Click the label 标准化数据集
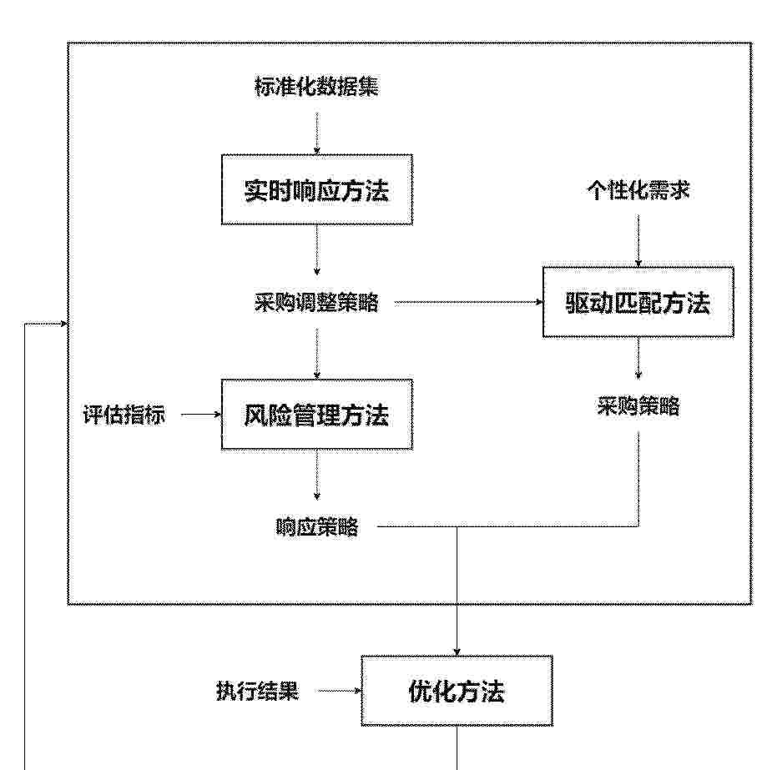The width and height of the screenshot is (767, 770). (317, 87)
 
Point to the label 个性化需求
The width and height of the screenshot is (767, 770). (638, 190)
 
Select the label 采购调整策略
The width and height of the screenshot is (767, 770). (317, 303)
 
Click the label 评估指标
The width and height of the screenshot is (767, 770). (124, 415)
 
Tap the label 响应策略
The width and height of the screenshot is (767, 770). (317, 527)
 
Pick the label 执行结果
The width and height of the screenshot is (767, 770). (257, 691)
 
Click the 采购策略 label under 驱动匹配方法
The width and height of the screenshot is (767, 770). (638, 406)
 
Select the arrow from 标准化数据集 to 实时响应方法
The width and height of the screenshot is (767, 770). (317, 133)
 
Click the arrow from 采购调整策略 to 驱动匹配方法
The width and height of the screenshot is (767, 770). (469, 303)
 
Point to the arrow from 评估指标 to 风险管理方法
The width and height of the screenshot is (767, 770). (201, 415)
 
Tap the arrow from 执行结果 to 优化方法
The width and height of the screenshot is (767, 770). (339, 691)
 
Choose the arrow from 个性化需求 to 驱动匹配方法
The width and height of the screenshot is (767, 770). (638, 240)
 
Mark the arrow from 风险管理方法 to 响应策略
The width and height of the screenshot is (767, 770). (317, 475)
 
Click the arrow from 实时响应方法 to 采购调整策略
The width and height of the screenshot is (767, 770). (317, 250)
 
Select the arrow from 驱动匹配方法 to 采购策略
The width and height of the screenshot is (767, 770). (638, 359)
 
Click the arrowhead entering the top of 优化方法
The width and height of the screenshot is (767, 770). (457, 652)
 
